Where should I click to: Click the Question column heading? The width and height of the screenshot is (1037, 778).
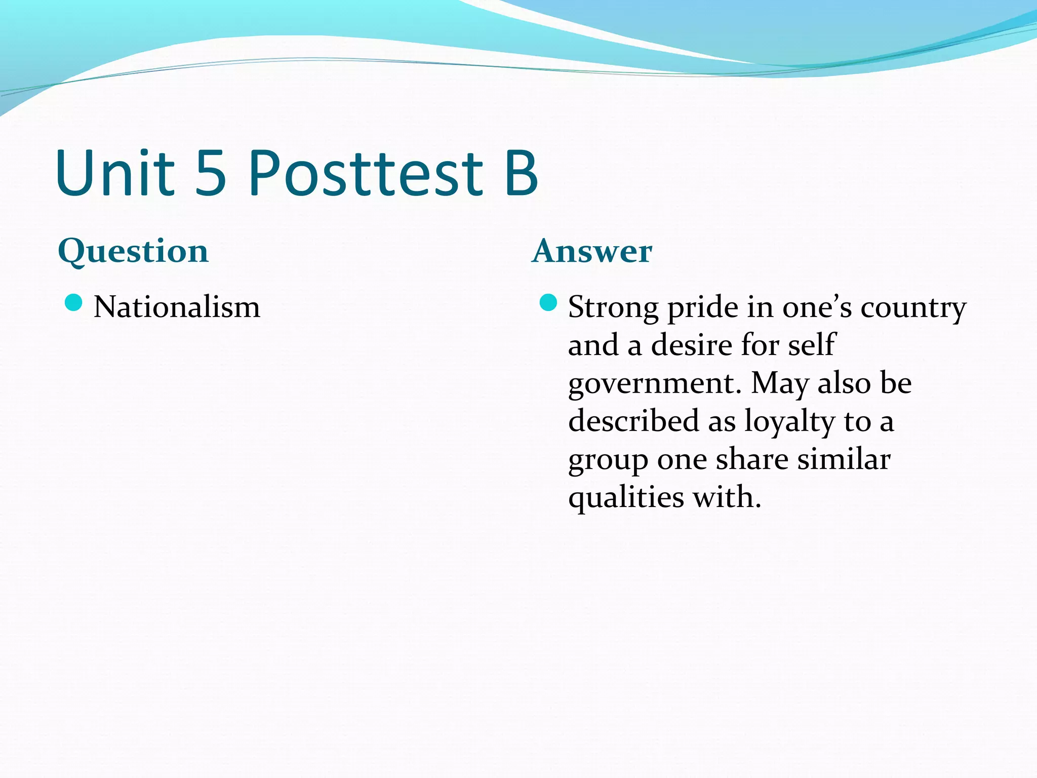pos(133,252)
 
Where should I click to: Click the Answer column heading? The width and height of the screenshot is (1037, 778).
pos(592,251)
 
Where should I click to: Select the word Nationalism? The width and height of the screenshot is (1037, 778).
pos(177,307)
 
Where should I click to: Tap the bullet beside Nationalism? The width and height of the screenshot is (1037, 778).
pos(74,303)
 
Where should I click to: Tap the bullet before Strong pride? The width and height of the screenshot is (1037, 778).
pos(548,303)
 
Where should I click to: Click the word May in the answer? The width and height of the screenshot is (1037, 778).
pos(780,384)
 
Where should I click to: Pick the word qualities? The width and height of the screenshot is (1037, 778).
pos(626,498)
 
